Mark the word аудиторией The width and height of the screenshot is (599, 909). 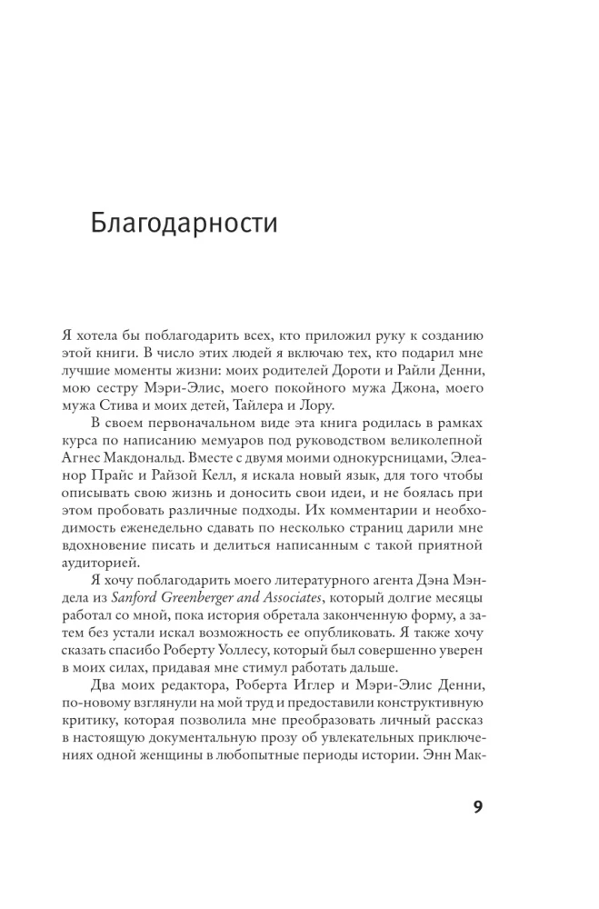[x=128, y=564]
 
